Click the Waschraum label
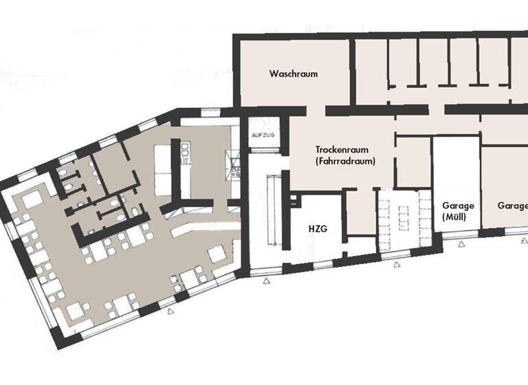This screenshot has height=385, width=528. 294,74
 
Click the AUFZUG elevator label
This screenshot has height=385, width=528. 263,135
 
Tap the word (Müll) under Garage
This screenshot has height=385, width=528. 454,218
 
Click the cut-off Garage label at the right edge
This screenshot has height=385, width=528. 512,206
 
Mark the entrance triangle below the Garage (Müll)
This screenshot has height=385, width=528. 460,243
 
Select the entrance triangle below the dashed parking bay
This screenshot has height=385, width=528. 396,265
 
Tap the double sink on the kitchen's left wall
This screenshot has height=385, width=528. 184,153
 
